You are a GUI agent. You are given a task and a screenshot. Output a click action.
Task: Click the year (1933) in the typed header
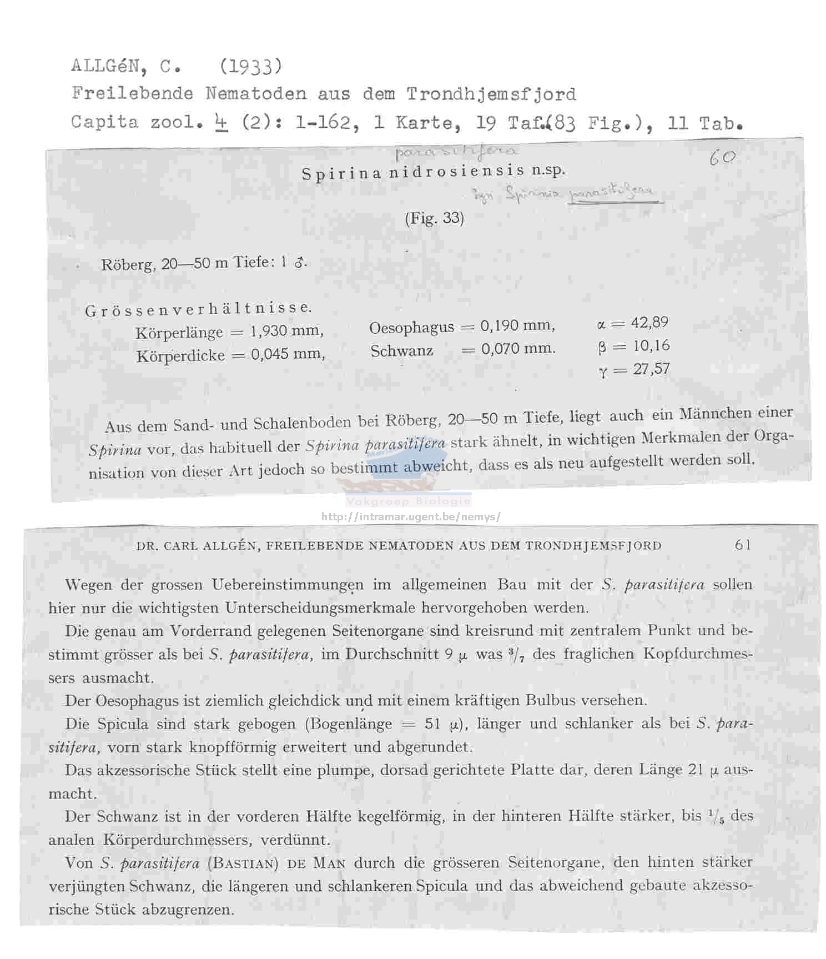(251, 67)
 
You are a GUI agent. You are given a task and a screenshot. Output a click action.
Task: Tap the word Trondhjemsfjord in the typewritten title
(491, 94)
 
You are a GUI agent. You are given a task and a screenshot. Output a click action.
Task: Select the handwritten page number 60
(722, 159)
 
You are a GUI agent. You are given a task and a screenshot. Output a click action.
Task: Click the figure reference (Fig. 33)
(434, 218)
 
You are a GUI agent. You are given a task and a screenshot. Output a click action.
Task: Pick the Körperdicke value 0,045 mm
(288, 354)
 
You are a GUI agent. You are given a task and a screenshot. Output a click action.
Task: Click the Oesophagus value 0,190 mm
(517, 326)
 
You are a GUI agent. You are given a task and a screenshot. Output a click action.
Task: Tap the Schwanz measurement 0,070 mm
(518, 349)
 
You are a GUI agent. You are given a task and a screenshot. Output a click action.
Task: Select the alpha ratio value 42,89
(649, 323)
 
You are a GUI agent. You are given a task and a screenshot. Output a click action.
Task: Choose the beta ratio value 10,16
(651, 346)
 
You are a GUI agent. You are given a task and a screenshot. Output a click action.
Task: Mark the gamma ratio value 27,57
(651, 369)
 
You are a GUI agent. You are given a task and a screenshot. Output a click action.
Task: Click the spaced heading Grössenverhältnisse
(198, 309)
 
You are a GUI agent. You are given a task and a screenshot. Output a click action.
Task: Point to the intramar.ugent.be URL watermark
(411, 517)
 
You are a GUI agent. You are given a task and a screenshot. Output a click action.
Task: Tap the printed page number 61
(743, 545)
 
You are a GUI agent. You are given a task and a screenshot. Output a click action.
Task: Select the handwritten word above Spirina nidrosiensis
(456, 151)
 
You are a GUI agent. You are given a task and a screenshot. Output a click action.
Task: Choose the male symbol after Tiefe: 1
(300, 262)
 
